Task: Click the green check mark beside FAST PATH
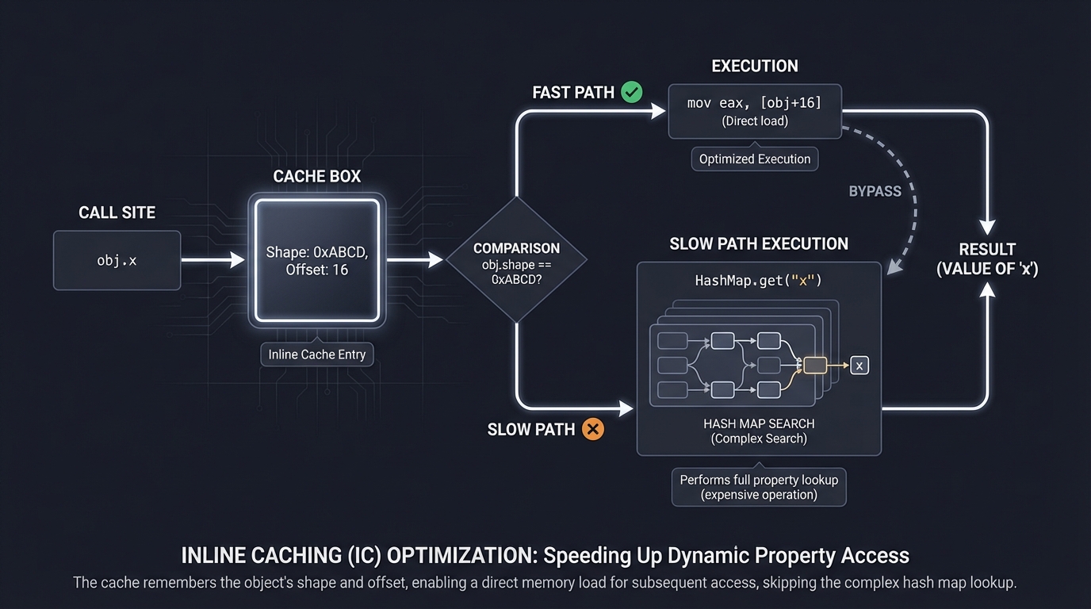(632, 92)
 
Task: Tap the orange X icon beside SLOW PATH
(592, 429)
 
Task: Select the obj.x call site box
(117, 260)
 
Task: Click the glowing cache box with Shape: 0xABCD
(317, 261)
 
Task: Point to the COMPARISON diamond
(516, 259)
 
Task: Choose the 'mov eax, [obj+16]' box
(755, 111)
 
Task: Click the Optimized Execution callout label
(755, 159)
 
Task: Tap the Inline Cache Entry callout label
(317, 354)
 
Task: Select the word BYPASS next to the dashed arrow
(875, 191)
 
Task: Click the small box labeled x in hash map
(860, 366)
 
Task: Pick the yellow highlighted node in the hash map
(815, 365)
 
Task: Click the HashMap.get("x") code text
(759, 281)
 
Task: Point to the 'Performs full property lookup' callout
(759, 487)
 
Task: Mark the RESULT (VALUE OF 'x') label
(987, 259)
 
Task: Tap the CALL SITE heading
(117, 213)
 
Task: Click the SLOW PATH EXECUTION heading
(759, 243)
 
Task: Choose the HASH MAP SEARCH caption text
(759, 423)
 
